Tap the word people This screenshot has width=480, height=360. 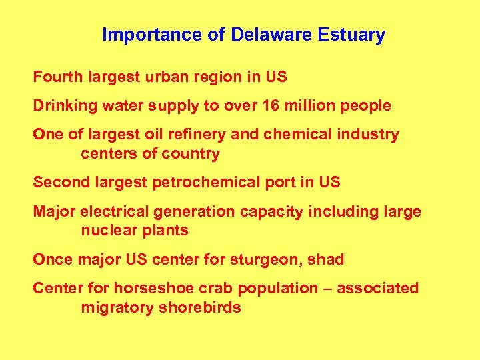[x=366, y=105]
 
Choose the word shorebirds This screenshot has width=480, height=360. [x=199, y=308]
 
